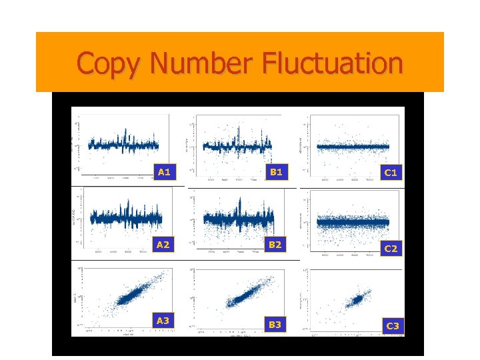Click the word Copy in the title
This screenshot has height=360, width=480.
pos(110,63)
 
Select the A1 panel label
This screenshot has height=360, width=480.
pos(165,172)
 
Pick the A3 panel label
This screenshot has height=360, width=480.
pos(163,321)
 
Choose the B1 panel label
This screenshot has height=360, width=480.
pos(275,172)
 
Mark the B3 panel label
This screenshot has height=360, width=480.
pos(275,325)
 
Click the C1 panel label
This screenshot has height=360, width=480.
pos(391,173)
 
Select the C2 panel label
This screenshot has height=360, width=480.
pos(391,249)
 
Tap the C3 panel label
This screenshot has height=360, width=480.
pos(392,326)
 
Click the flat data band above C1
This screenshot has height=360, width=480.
pos(353,146)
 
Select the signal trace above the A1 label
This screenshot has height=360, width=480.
pos(123,144)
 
